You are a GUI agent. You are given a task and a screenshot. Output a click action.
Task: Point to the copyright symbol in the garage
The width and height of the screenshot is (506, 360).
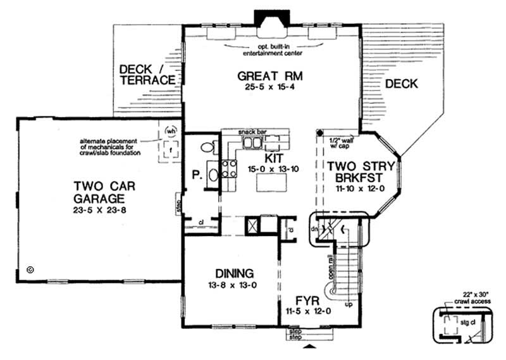point(30,270)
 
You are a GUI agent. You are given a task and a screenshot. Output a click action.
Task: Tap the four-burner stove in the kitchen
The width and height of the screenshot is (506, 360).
point(228,168)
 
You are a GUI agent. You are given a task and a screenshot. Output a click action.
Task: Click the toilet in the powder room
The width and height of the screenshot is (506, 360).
point(207,147)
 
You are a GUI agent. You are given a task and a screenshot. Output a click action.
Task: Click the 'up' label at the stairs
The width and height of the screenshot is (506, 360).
point(347,305)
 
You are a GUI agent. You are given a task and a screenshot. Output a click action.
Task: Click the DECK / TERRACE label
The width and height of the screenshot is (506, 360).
point(147,73)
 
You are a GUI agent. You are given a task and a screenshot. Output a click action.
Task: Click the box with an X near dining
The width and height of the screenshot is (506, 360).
point(252,225)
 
